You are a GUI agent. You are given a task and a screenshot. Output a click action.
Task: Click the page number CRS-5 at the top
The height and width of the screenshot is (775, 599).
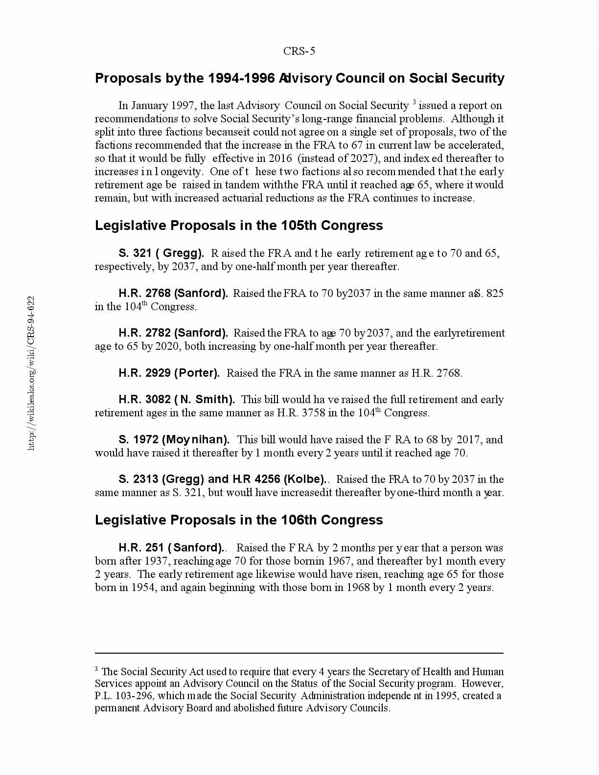(299, 51)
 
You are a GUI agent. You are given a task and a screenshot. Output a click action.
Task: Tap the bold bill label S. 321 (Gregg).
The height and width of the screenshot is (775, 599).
(161, 253)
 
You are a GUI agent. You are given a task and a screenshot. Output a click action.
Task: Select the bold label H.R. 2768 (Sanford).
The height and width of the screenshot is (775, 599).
(173, 294)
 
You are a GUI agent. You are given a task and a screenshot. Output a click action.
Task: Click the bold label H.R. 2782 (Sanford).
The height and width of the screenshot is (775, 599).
(173, 333)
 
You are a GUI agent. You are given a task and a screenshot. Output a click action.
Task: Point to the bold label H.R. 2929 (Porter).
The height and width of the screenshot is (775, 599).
(169, 373)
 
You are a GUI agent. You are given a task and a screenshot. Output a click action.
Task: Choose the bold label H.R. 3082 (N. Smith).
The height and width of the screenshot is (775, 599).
(177, 400)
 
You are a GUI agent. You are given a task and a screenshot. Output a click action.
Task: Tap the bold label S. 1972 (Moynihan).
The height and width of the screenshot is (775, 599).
(174, 439)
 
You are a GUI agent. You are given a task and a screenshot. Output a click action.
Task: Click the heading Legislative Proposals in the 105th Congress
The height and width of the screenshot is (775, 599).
(239, 226)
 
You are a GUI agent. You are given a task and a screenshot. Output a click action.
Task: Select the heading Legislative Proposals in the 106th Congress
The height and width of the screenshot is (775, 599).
(239, 520)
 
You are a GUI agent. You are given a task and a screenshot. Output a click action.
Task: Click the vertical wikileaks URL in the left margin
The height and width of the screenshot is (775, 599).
(31, 373)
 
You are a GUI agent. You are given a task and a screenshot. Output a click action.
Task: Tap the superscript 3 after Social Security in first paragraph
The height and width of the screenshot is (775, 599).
(414, 102)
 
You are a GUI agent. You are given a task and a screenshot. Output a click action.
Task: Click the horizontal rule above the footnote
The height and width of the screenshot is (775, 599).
(299, 653)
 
